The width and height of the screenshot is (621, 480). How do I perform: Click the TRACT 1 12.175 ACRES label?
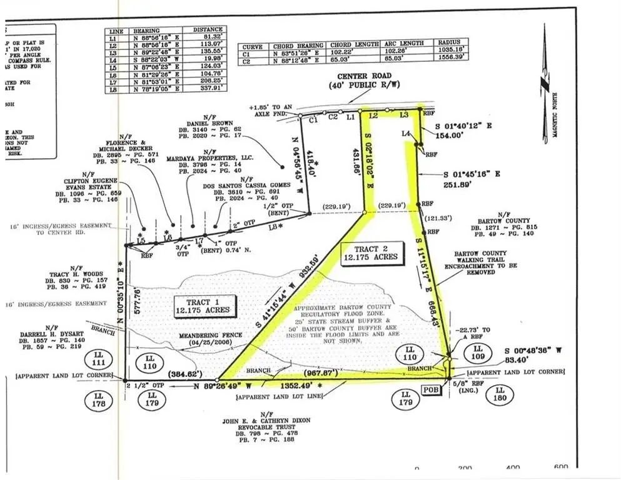coord(206,304)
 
